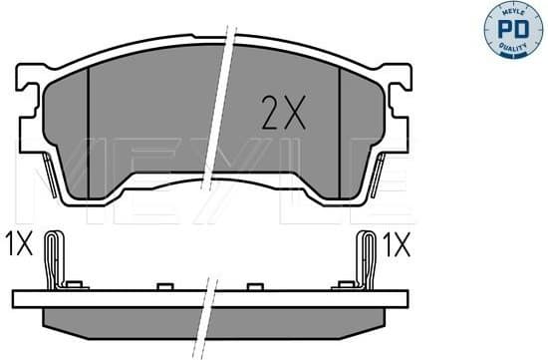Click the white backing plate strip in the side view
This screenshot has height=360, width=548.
pos(120,297)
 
